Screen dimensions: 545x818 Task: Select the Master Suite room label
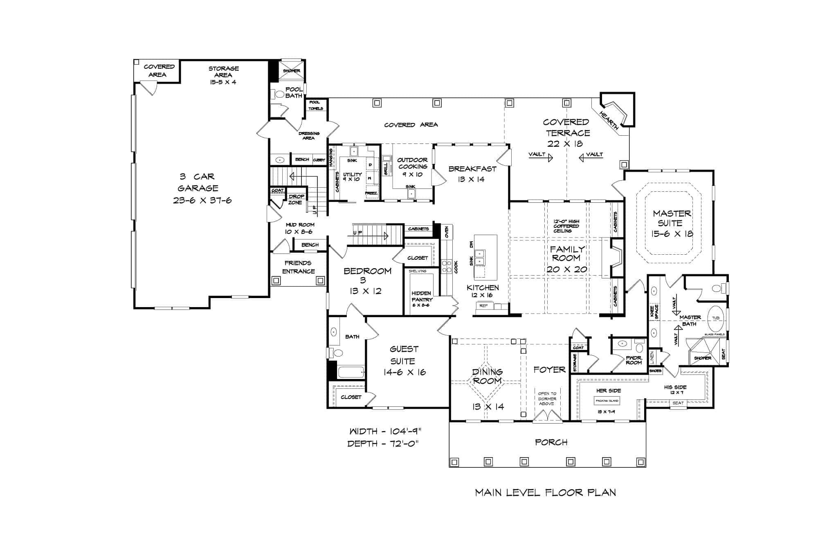(x=672, y=223)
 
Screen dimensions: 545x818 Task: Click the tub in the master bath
(x=716, y=318)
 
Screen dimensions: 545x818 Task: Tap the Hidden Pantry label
(x=422, y=296)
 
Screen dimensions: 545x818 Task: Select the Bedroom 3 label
(x=367, y=280)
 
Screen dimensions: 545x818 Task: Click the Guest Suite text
(x=404, y=360)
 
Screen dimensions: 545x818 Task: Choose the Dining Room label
(x=487, y=376)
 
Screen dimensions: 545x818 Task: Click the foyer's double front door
(x=546, y=416)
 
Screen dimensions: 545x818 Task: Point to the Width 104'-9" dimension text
(x=385, y=431)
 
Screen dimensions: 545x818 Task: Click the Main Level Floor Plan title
(x=546, y=493)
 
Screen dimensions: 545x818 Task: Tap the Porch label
(x=551, y=442)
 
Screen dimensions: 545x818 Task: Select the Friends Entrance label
(x=298, y=267)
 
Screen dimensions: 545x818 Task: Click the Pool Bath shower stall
(x=292, y=71)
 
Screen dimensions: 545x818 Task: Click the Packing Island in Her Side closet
(x=607, y=401)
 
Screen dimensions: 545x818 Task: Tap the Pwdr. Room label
(x=634, y=360)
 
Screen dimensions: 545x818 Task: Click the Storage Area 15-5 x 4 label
(x=223, y=75)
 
